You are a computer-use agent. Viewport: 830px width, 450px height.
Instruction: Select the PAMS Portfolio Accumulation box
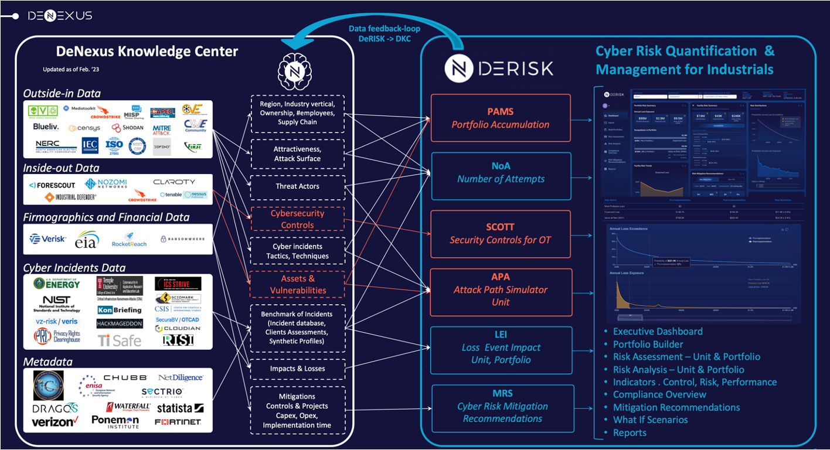point(501,118)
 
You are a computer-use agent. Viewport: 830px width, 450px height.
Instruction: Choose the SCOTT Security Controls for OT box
point(501,233)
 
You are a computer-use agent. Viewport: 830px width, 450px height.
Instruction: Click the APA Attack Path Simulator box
point(501,289)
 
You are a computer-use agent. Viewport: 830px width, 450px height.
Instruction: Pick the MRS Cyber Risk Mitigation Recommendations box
point(502,406)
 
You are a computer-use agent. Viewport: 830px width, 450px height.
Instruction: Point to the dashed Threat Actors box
point(297,186)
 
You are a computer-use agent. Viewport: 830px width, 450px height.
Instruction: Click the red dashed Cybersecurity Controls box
point(297,219)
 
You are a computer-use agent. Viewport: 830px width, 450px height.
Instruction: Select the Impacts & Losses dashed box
point(297,369)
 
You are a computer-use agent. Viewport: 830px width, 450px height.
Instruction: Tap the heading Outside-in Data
point(62,93)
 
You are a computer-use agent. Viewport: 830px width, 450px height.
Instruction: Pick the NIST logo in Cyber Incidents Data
point(56,303)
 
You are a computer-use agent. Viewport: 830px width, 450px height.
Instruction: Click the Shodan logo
point(128,128)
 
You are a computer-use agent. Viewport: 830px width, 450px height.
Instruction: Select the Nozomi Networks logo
point(106,183)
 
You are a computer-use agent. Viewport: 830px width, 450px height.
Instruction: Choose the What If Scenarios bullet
point(650,420)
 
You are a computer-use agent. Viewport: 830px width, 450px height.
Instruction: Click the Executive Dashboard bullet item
point(658,331)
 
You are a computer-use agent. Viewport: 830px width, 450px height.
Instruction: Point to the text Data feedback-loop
point(384,29)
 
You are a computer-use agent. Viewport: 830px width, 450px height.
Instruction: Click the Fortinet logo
point(178,422)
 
